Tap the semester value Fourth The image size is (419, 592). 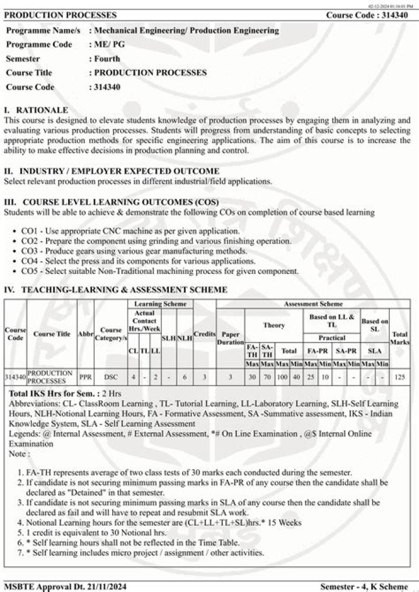[106, 58]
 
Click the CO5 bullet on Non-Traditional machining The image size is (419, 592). [159, 270]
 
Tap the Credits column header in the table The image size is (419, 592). [205, 334]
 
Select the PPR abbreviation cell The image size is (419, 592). [86, 376]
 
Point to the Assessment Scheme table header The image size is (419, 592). [313, 304]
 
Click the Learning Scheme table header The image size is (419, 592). [160, 304]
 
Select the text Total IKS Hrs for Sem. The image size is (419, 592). [51, 394]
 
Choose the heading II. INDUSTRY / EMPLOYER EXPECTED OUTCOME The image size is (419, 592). [112, 171]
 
